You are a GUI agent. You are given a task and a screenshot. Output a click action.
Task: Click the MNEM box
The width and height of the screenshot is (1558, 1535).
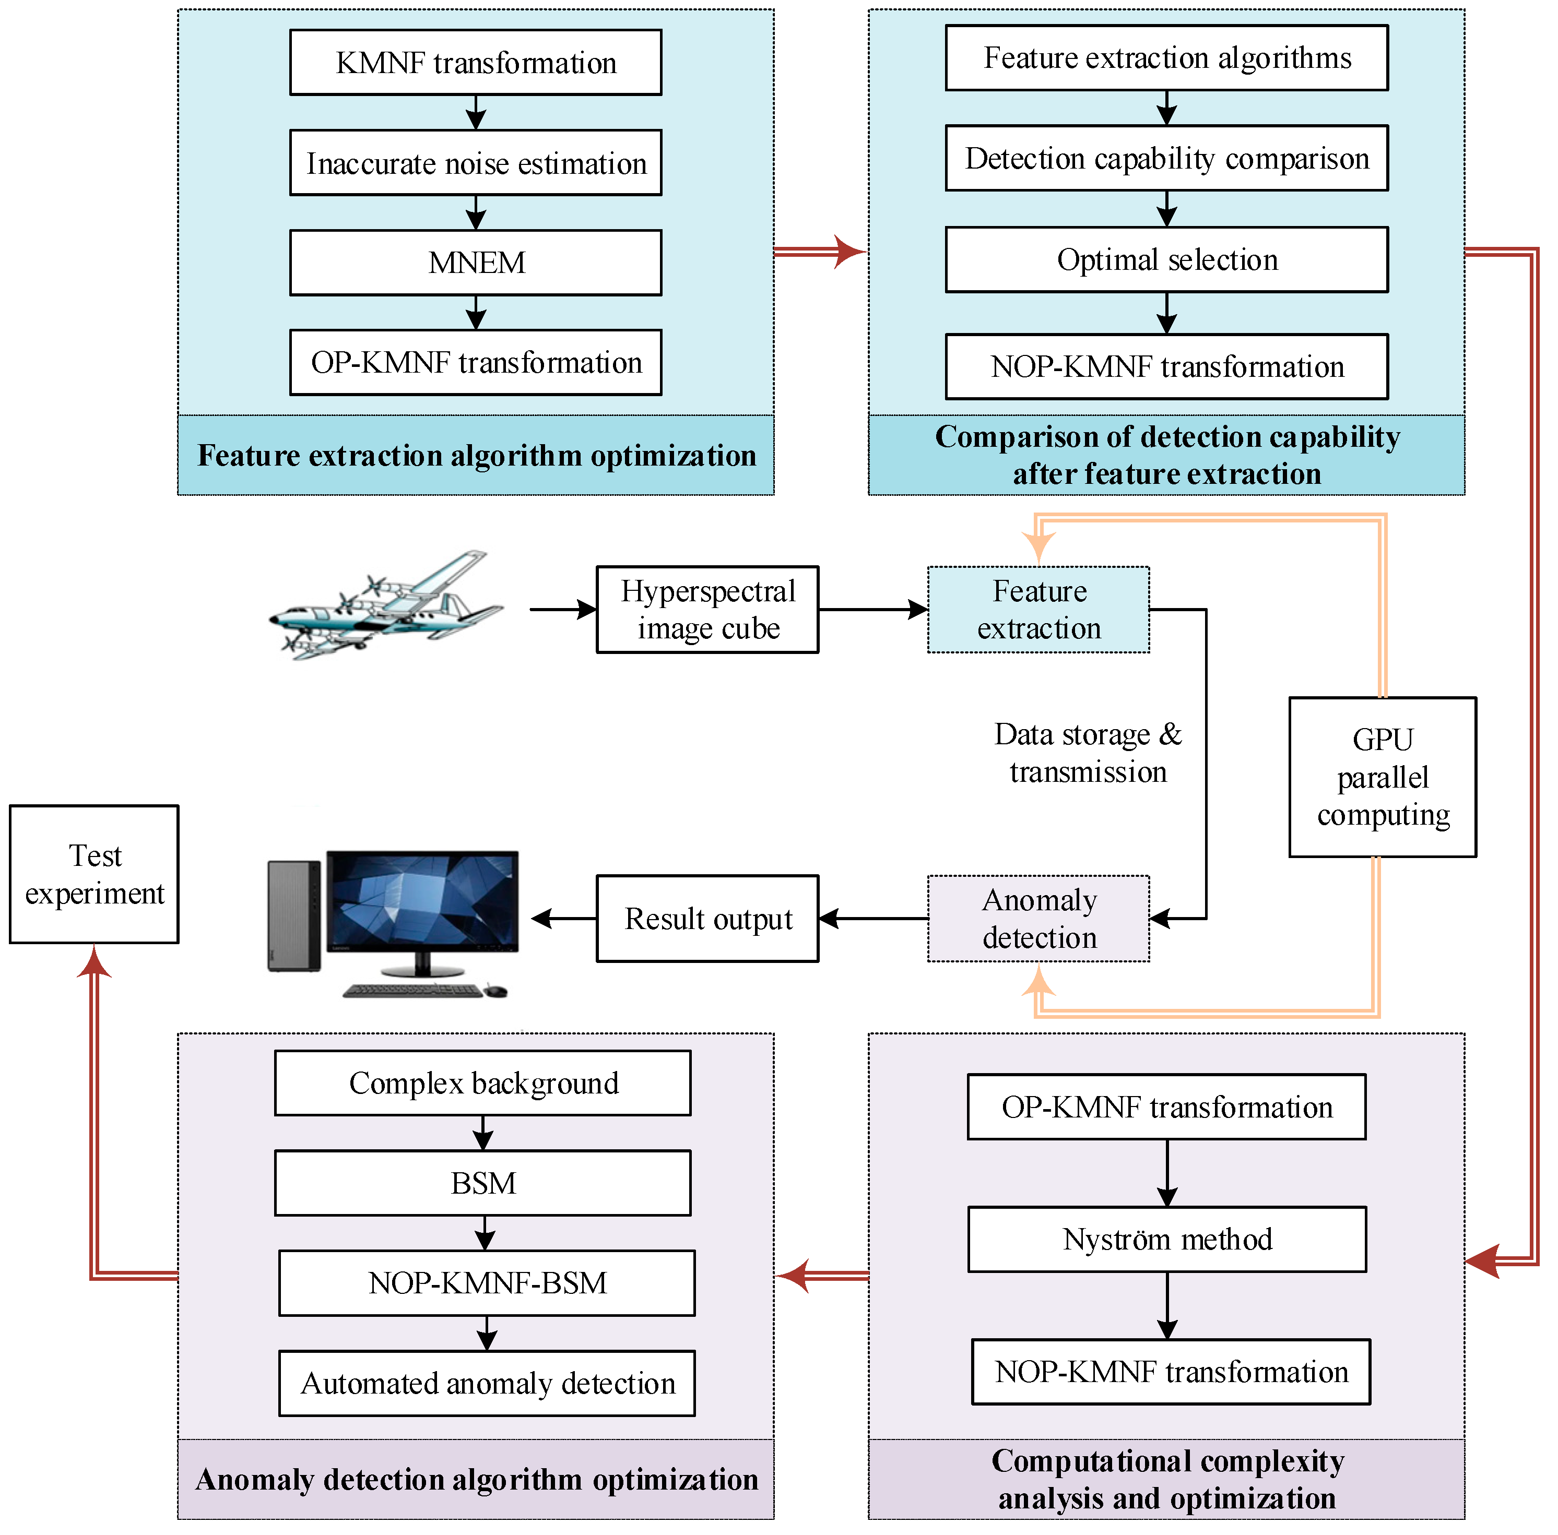[476, 263]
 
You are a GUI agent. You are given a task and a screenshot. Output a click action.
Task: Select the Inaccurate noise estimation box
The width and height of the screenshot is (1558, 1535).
[476, 163]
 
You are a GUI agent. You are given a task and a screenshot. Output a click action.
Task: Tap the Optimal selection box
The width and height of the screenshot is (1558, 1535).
[1167, 259]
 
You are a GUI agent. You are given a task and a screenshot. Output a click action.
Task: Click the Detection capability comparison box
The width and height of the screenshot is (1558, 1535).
[1167, 158]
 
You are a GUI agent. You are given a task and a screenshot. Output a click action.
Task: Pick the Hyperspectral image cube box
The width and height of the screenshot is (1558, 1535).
[707, 610]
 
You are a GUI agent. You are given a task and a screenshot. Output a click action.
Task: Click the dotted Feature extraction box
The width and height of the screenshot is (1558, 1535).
[1038, 610]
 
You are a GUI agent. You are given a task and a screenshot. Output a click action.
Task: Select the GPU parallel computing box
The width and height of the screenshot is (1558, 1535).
[1382, 777]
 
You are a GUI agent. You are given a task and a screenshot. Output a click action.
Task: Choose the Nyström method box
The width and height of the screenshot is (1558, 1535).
[1167, 1239]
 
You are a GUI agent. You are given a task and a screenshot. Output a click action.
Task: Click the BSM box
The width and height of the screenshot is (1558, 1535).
[482, 1183]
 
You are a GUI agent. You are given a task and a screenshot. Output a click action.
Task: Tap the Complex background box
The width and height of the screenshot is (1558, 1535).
[482, 1082]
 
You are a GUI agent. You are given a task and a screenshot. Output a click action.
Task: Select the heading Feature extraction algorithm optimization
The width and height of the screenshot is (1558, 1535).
[476, 456]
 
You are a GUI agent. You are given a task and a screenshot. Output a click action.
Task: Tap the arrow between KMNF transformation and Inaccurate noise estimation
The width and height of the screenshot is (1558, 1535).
[476, 112]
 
